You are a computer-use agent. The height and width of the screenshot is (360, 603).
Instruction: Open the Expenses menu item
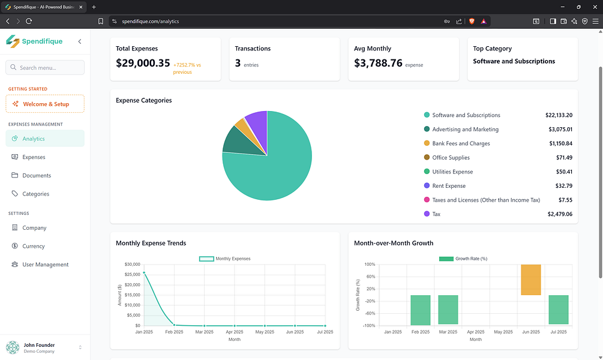click(34, 157)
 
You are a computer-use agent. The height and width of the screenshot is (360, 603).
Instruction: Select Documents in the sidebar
click(37, 175)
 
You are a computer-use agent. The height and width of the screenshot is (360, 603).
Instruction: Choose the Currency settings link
click(34, 246)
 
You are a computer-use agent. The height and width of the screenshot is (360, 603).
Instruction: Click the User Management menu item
click(46, 265)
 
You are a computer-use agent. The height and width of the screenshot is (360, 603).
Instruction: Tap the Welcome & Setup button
click(45, 104)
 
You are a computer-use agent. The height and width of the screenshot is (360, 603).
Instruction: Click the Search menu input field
click(45, 67)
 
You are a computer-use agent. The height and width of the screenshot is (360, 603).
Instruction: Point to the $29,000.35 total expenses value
click(143, 63)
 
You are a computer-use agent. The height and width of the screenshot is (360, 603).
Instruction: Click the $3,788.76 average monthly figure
click(378, 63)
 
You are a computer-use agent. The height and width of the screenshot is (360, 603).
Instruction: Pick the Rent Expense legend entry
click(449, 186)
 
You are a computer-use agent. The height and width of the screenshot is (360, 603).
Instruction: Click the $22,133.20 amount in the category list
click(559, 115)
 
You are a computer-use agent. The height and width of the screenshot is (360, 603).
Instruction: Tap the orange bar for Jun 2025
click(531, 280)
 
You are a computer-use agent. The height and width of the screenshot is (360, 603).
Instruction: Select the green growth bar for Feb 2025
click(421, 310)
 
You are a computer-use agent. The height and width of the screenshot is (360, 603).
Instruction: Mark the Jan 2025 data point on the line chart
click(144, 273)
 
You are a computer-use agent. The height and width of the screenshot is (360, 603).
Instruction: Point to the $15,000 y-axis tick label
click(132, 295)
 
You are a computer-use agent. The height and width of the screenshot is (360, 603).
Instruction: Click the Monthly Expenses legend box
click(206, 259)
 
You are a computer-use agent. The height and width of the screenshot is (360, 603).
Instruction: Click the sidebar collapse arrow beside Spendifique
click(80, 41)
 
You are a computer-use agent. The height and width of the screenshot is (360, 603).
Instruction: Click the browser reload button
click(29, 21)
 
